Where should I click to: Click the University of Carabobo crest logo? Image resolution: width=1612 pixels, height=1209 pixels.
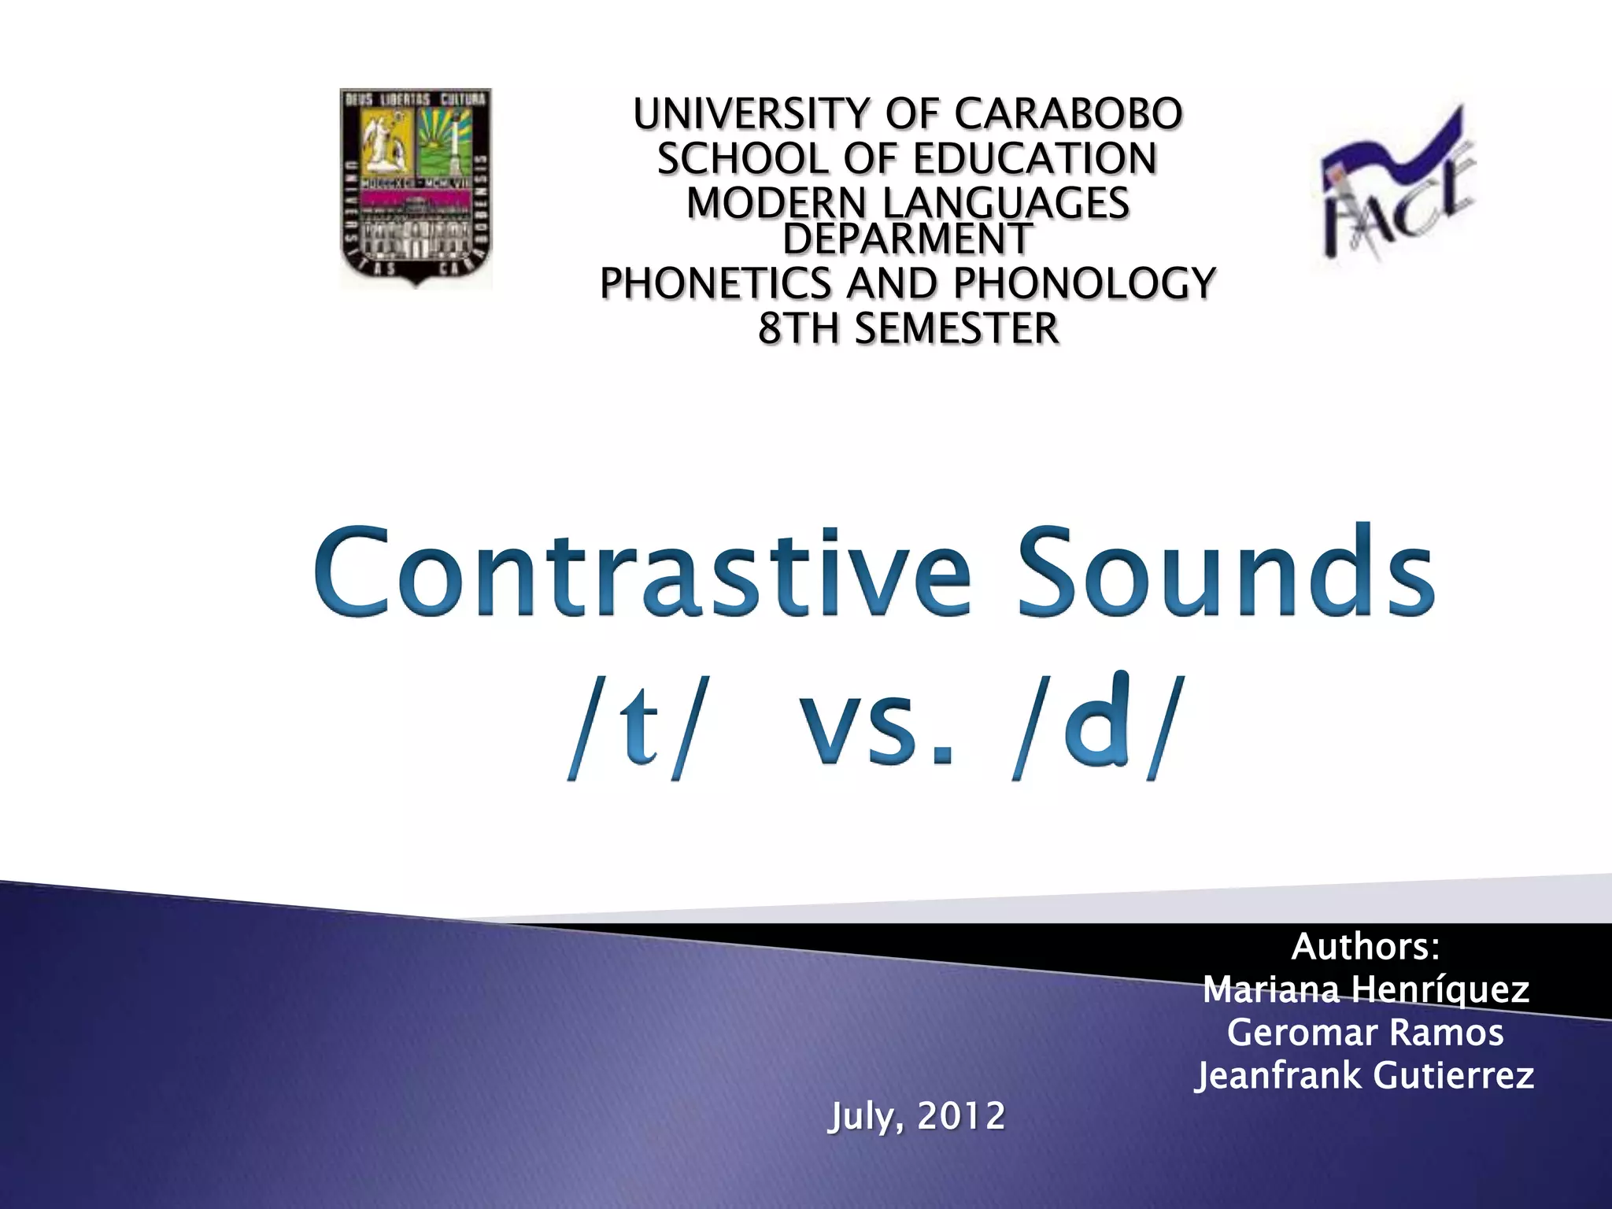click(x=415, y=187)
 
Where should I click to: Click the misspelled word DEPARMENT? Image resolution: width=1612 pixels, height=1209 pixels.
click(x=907, y=238)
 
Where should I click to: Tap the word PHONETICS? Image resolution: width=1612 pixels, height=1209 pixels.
click(x=715, y=283)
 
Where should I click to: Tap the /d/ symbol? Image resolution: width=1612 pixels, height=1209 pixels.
click(x=1100, y=729)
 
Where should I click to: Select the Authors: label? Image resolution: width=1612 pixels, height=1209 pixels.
click(x=1366, y=946)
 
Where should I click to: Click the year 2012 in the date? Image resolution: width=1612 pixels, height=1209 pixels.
click(x=961, y=1116)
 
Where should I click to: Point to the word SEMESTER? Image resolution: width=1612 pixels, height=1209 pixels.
click(x=956, y=328)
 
